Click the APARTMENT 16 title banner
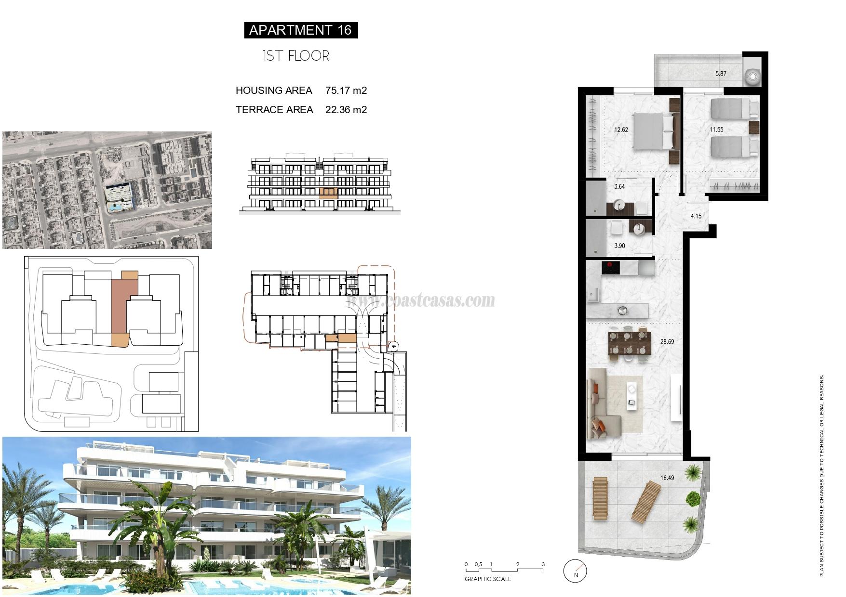[x=300, y=30]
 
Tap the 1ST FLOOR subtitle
[x=296, y=56]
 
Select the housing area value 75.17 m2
[x=346, y=91]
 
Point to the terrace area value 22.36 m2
[x=346, y=110]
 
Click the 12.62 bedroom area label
[x=621, y=130]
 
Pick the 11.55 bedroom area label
[x=716, y=130]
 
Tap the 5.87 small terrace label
[x=721, y=74]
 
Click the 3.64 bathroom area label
[x=619, y=187]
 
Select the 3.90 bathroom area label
[x=619, y=246]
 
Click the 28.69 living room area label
[x=667, y=342]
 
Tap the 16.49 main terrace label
[x=667, y=478]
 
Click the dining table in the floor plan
[x=628, y=343]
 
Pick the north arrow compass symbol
[x=576, y=571]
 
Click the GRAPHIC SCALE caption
[x=488, y=579]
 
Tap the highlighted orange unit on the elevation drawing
[x=329, y=194]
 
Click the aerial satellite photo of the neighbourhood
[x=107, y=190]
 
